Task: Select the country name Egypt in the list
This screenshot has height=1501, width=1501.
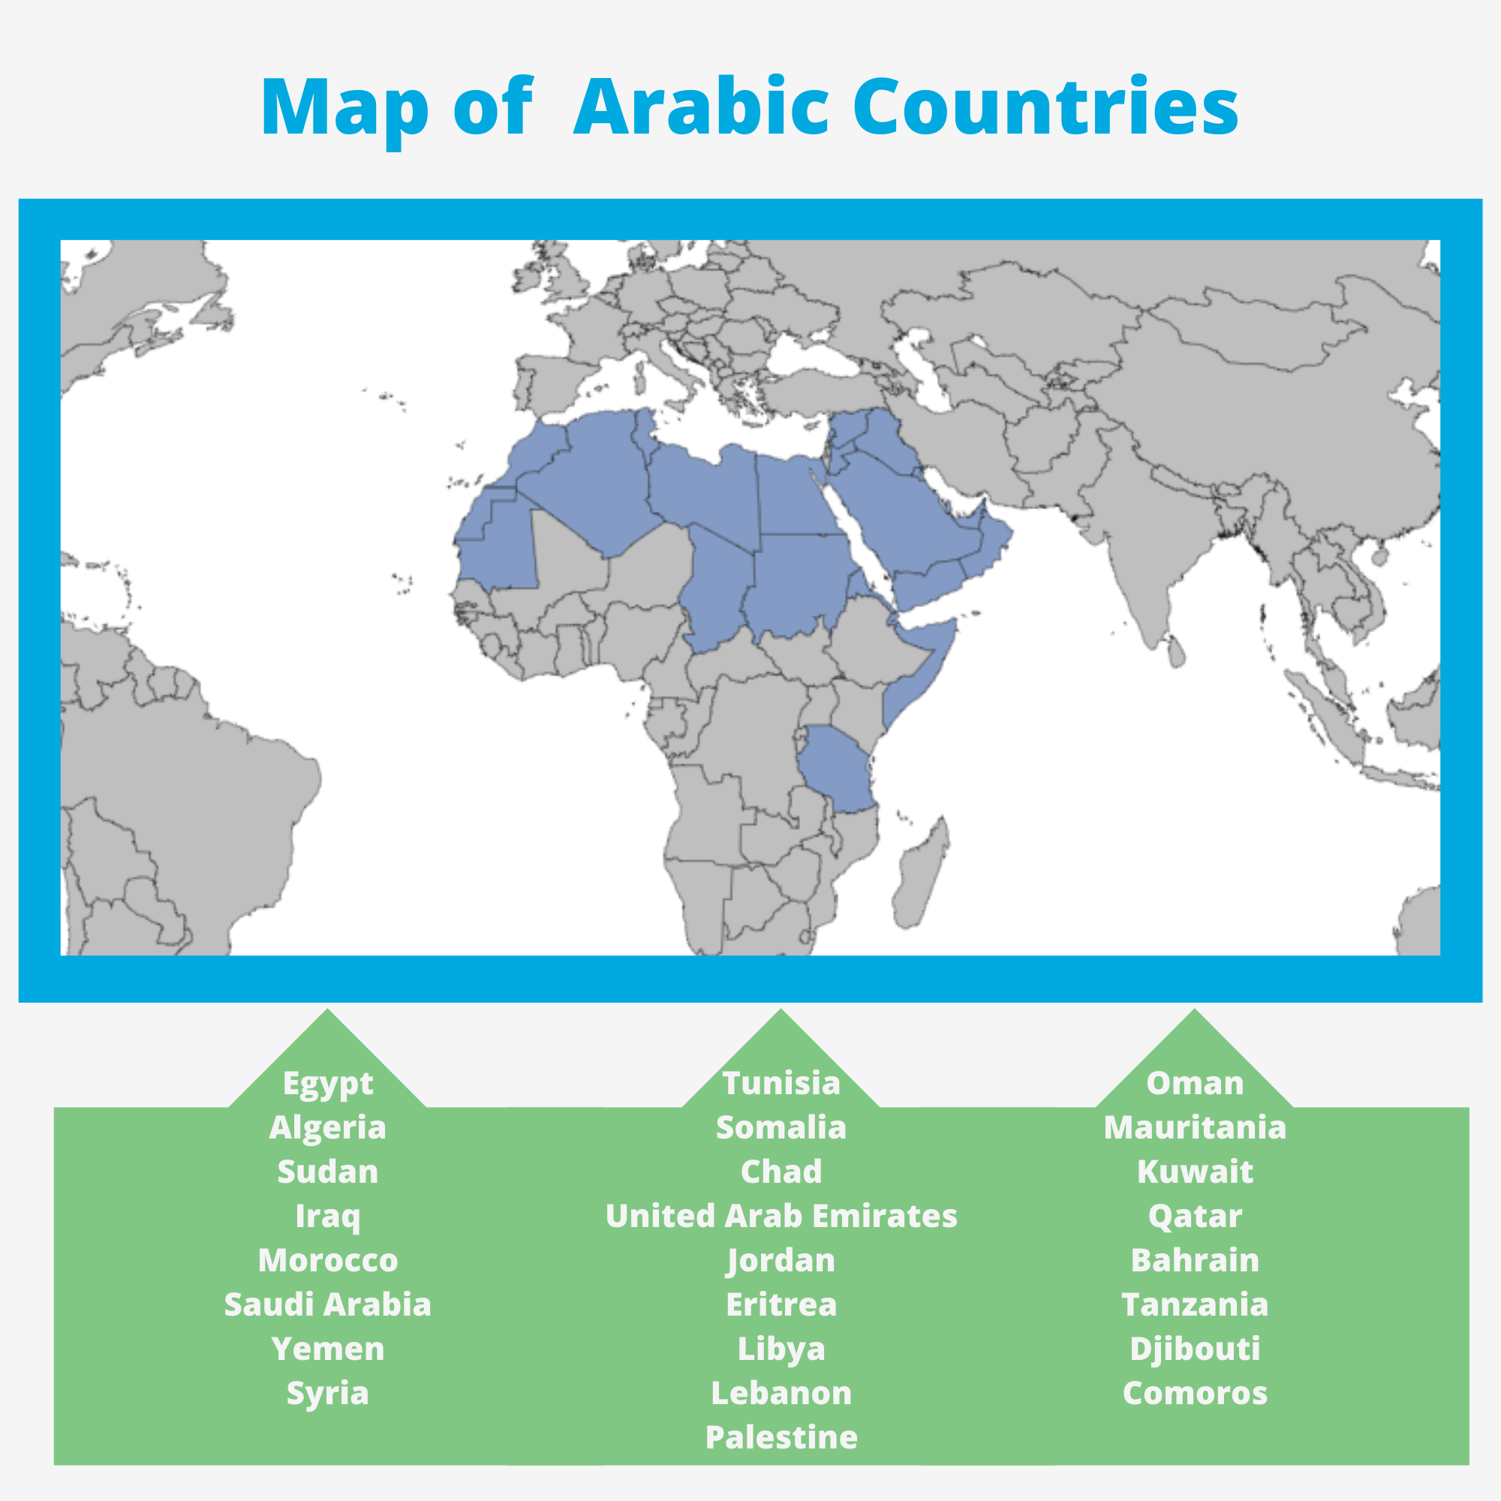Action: click(327, 1084)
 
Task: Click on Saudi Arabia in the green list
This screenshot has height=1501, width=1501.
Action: click(327, 1304)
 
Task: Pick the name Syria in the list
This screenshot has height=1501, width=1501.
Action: click(327, 1393)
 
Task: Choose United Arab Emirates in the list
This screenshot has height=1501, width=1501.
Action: click(781, 1216)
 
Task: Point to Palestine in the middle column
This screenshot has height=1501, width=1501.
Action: click(781, 1437)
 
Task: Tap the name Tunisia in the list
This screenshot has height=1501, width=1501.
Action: click(781, 1083)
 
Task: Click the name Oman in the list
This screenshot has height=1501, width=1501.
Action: click(1195, 1083)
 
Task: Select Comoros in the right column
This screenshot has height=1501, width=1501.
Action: click(1195, 1393)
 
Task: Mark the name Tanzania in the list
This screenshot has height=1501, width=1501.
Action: click(1195, 1304)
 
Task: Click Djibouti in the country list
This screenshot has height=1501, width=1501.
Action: click(1195, 1349)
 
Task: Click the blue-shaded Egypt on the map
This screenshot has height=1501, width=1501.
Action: click(793, 498)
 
